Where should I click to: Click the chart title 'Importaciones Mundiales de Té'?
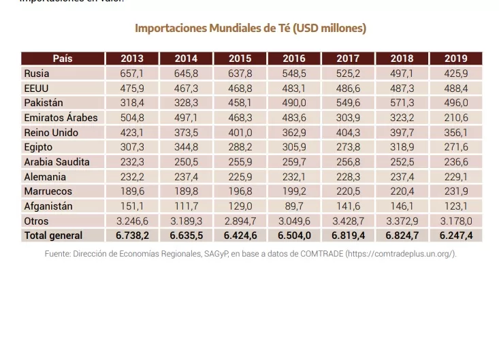pos(250,29)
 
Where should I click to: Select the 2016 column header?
pos(294,59)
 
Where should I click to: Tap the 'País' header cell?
pos(63,59)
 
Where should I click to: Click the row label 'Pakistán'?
pos(44,103)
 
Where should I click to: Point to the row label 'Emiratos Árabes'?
pos(61,118)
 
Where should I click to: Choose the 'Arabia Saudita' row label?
pos(57,162)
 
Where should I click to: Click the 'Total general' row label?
pos(53,235)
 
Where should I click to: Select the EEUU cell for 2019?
pos(455,88)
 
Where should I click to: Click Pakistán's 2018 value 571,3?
pos(402,103)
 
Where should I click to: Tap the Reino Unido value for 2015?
pos(240,133)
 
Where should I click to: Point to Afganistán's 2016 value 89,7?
pos(294,206)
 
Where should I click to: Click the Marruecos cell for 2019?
pos(455,191)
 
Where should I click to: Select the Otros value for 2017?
pos(348,221)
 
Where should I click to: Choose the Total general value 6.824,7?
pos(402,235)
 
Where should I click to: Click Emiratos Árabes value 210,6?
pos(455,118)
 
